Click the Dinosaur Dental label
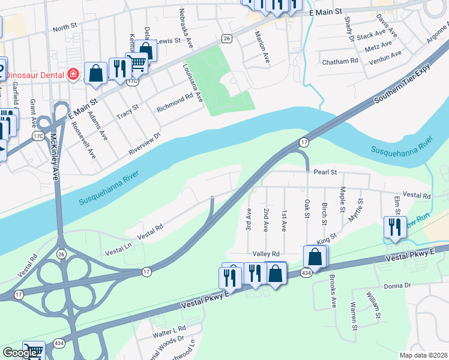point(32,75)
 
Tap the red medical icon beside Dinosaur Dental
point(73,74)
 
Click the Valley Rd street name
point(267,254)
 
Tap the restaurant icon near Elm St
point(395,227)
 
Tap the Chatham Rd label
point(340,61)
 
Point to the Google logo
point(20,353)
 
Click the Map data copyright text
point(424,355)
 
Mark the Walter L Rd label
point(169,331)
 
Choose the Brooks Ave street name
point(333,292)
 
